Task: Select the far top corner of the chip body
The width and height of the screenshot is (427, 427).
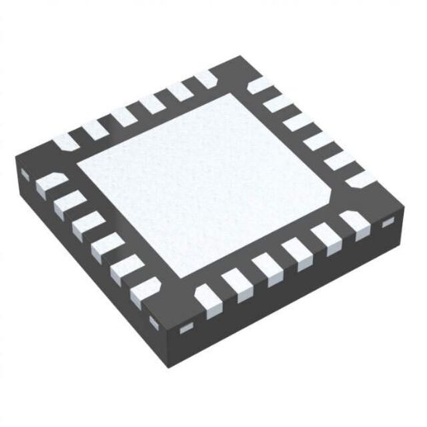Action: [x=225, y=61]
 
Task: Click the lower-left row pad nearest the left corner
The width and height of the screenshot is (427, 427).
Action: [x=49, y=185]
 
